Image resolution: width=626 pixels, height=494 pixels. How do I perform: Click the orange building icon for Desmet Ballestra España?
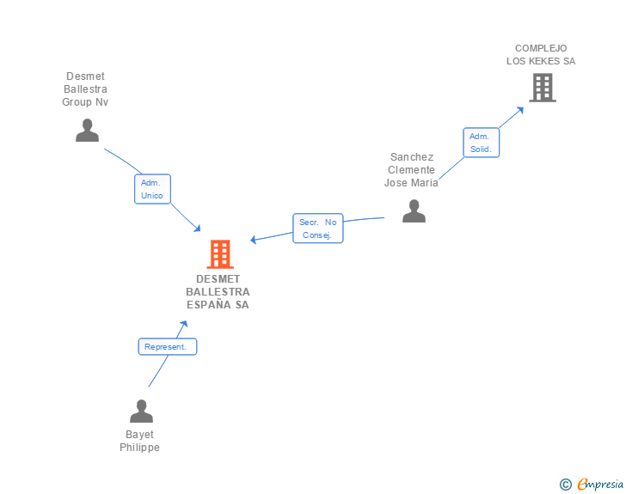220,254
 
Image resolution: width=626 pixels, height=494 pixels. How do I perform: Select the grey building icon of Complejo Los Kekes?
542,88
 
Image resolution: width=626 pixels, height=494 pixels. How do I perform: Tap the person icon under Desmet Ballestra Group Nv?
87,130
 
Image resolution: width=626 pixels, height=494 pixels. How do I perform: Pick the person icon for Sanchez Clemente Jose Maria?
414,210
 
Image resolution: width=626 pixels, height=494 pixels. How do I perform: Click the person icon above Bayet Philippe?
141,411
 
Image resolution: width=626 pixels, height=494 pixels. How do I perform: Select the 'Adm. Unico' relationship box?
152,189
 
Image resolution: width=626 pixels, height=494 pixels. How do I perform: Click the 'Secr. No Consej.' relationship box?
317,229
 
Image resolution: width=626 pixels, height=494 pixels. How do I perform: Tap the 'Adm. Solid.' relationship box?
481,143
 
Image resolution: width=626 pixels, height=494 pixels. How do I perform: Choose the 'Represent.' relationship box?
168,347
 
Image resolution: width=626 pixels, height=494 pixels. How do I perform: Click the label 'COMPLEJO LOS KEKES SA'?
541,55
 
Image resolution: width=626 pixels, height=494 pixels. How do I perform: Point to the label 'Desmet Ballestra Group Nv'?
85,89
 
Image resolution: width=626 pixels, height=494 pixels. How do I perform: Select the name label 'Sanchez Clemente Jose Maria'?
412,170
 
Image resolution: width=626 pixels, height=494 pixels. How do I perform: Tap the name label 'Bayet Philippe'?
139,441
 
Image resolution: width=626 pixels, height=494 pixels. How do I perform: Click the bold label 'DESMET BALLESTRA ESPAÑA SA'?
218,292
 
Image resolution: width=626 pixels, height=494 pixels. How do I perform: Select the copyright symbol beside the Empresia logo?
565,485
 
